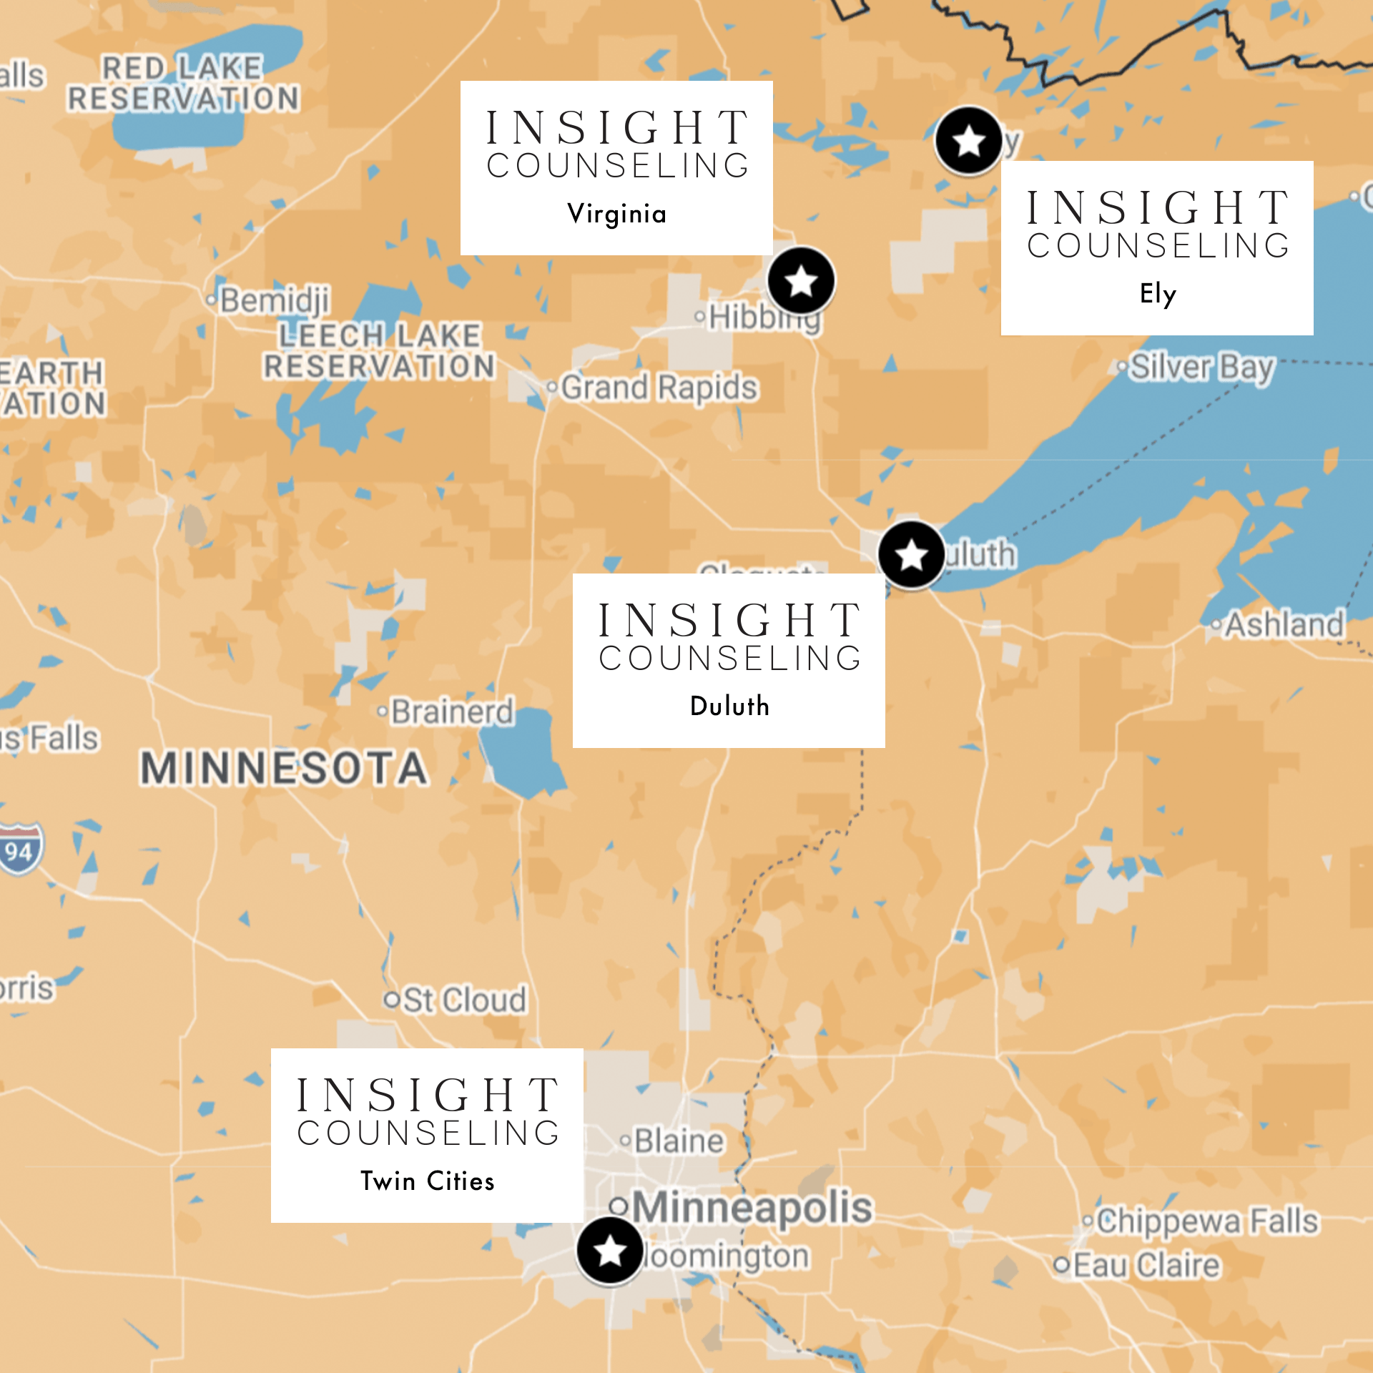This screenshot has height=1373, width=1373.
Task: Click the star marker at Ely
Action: click(969, 141)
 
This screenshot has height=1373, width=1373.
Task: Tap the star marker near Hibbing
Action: click(801, 281)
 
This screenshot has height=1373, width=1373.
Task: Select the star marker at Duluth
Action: click(911, 555)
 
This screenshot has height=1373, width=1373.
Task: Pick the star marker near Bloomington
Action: click(610, 1251)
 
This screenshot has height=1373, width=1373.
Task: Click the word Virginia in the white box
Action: click(616, 214)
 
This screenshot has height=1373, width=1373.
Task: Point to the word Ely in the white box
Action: click(1157, 294)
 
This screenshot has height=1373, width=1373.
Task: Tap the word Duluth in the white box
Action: click(729, 706)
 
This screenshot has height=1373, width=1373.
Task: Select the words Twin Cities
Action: click(427, 1181)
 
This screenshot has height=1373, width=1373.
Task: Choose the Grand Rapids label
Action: click(658, 388)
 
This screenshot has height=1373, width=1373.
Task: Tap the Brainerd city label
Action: click(452, 712)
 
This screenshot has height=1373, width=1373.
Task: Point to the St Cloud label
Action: click(463, 1000)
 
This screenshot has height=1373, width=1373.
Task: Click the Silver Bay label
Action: click(1201, 368)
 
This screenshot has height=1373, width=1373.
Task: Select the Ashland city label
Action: click(1284, 625)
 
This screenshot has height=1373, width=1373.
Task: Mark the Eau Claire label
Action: click(1146, 1266)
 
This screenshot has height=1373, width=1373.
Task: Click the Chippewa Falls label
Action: click(1206, 1221)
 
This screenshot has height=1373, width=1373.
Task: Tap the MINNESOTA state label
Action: click(285, 769)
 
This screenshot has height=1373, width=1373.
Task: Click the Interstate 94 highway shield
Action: click(20, 850)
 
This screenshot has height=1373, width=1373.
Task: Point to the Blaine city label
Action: click(678, 1141)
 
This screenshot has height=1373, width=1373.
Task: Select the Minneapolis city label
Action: click(751, 1207)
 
